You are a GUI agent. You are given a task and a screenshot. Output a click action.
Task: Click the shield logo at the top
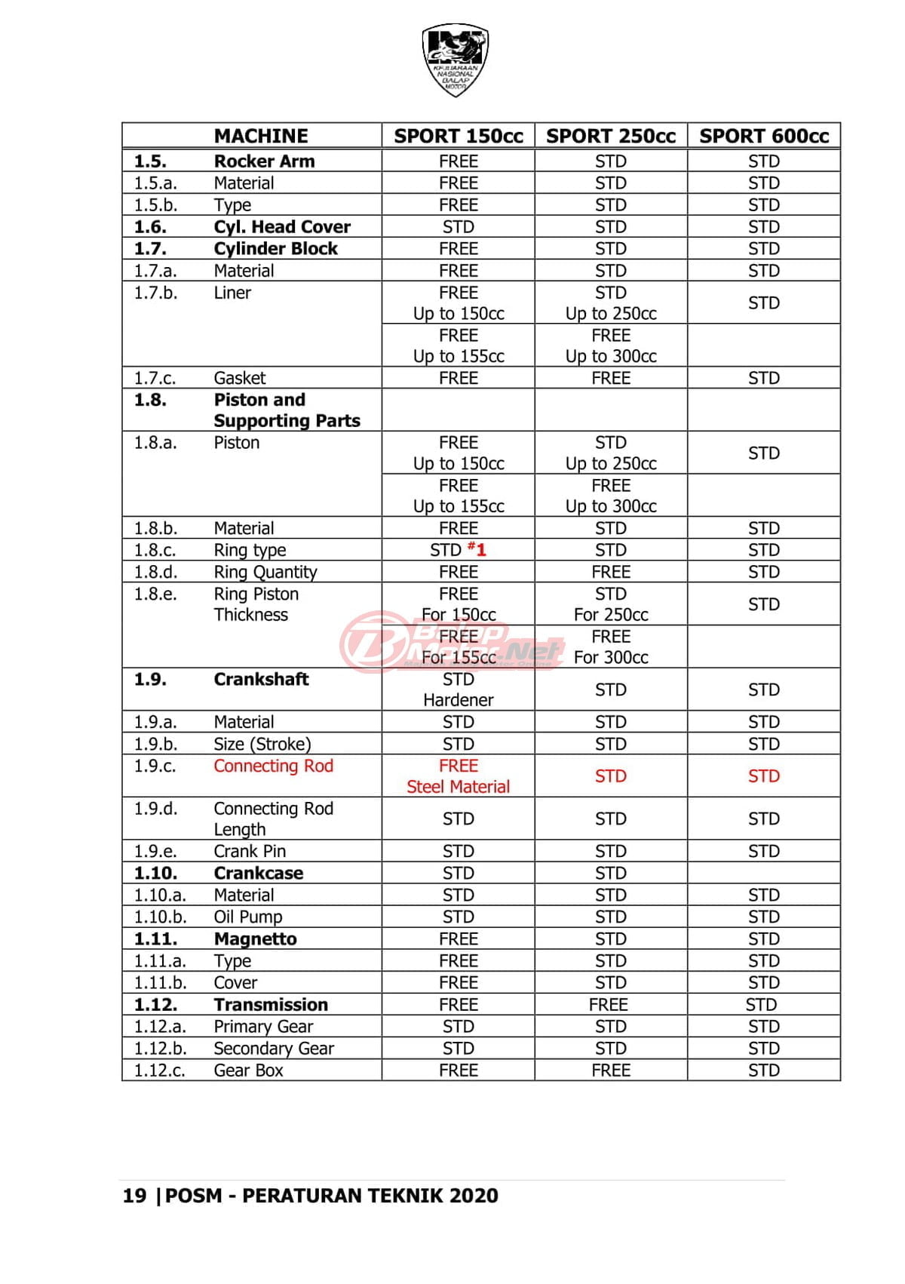coord(455,60)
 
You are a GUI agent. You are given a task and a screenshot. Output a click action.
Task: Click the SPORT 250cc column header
coord(610,136)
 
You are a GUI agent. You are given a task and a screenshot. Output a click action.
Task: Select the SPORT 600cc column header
coord(763,136)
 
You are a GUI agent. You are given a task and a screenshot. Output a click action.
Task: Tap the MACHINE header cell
coord(261,136)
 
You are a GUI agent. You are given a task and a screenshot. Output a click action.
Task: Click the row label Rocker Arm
coord(264,161)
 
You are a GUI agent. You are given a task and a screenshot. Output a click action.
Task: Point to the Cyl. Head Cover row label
coord(282,227)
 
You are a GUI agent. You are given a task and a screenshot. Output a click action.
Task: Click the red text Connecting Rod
coord(273,766)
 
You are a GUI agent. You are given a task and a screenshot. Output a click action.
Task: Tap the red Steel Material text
coord(458,787)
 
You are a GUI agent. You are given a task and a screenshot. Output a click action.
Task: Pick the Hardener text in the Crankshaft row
coord(458,700)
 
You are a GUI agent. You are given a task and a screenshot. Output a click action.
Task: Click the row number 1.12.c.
coord(159,1071)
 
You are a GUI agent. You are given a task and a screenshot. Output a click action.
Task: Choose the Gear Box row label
coord(248,1071)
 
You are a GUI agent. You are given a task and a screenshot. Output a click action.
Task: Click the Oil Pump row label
coord(247,917)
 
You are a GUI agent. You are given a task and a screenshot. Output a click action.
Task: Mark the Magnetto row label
coord(255,939)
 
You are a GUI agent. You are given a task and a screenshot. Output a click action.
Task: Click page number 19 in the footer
coord(134,1196)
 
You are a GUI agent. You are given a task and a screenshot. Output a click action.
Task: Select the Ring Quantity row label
coord(265,573)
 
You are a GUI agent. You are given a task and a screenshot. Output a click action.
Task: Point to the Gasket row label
coord(240,378)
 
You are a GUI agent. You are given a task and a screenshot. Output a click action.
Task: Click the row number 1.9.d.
coord(155,809)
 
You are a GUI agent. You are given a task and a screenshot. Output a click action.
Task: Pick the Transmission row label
coord(271,1005)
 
